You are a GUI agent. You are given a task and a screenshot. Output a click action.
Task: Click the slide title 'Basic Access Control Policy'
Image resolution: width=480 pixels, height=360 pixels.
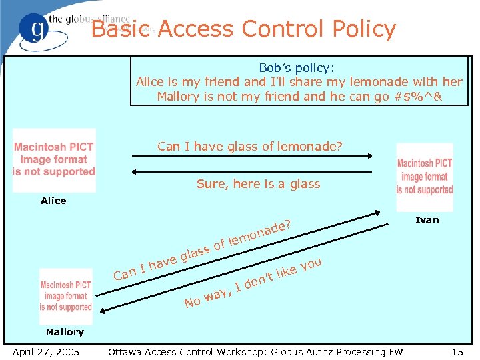pyautogui.click(x=243, y=29)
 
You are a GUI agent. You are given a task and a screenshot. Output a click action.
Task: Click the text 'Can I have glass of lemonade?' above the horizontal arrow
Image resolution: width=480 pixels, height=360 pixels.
pyautogui.click(x=249, y=146)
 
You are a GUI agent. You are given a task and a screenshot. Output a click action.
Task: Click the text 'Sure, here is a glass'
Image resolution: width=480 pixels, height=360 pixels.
pyautogui.click(x=258, y=184)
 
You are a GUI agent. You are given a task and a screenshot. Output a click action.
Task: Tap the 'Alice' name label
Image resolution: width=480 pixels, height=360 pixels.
pyautogui.click(x=53, y=201)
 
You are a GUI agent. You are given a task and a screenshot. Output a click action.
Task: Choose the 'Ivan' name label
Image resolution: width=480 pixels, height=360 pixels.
pyautogui.click(x=427, y=220)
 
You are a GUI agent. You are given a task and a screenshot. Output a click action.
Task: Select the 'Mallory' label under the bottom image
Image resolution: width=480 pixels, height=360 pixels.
pyautogui.click(x=65, y=332)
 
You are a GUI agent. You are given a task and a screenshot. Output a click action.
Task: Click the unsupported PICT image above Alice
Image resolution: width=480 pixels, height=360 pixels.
pyautogui.click(x=54, y=159)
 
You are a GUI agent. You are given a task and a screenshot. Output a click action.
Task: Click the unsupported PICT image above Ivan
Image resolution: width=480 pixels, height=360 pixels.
pyautogui.click(x=425, y=176)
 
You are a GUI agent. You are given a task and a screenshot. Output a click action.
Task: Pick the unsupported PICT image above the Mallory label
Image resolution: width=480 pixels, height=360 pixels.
pyautogui.click(x=65, y=296)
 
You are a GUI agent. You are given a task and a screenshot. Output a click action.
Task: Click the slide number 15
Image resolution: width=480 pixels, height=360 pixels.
pyautogui.click(x=457, y=351)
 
